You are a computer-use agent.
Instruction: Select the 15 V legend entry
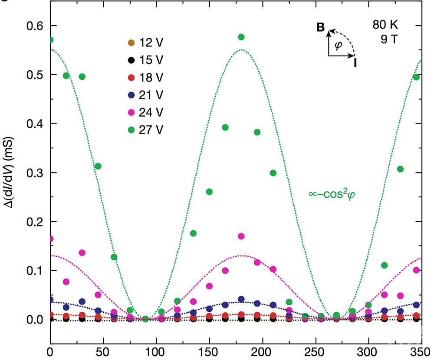143,60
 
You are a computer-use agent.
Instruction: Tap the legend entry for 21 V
143,94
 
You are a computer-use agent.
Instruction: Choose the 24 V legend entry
143,111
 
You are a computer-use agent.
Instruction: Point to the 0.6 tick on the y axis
34,26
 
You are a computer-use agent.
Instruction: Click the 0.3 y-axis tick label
34,173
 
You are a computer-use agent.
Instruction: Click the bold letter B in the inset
320,28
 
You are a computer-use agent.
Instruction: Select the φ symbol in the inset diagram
339,45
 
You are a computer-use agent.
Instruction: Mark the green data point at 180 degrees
241,37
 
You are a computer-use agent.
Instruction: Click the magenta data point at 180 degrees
241,236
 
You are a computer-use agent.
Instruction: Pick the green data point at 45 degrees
98,166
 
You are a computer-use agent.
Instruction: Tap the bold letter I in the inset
355,63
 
